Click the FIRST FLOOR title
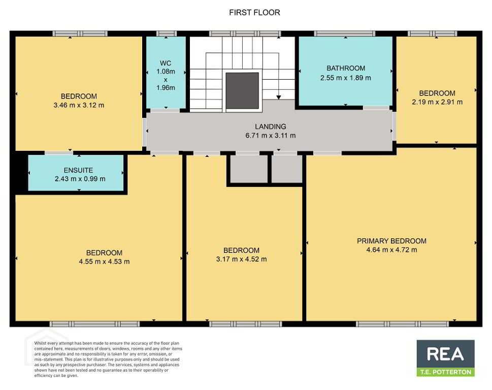point(254,13)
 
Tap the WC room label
point(166,63)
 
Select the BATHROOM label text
point(346,68)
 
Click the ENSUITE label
point(78,170)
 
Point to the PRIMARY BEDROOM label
point(391,241)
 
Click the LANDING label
point(271,126)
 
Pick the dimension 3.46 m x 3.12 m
point(79,105)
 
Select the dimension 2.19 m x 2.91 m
point(437,102)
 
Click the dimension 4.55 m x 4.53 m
point(104,262)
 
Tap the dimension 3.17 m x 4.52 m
point(241,259)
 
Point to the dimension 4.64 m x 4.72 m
point(391,250)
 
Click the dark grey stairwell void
point(242,91)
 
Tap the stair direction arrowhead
point(278,97)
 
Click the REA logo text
point(445,354)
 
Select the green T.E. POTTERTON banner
point(446,372)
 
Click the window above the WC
point(167,34)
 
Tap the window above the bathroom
point(345,34)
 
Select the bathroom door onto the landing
point(376,108)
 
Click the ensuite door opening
point(59,153)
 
